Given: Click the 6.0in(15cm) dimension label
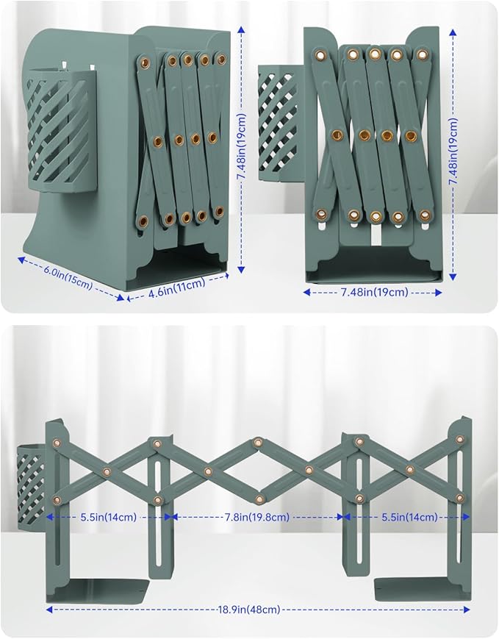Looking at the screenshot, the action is point(68,280).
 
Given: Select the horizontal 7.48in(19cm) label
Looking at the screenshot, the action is point(374,292).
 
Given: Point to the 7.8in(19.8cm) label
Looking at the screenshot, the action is point(257,517).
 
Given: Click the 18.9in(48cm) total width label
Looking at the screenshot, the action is point(249,610).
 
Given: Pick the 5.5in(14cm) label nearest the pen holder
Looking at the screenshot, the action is point(108,517).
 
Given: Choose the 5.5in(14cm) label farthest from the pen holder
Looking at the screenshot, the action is point(409,517).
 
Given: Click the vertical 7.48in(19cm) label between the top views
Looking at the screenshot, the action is point(242,148).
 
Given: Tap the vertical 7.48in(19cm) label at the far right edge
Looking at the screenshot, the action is point(453,151).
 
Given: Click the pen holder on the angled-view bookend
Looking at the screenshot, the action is point(61,130).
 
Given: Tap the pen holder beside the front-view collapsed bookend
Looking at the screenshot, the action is point(281,123).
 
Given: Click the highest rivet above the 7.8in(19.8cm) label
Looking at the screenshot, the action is point(257,442).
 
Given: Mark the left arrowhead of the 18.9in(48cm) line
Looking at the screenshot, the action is point(49,610).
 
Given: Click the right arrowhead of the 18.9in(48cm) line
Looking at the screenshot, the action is point(467,610).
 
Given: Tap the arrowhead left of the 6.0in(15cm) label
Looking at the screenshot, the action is point(21,260).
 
